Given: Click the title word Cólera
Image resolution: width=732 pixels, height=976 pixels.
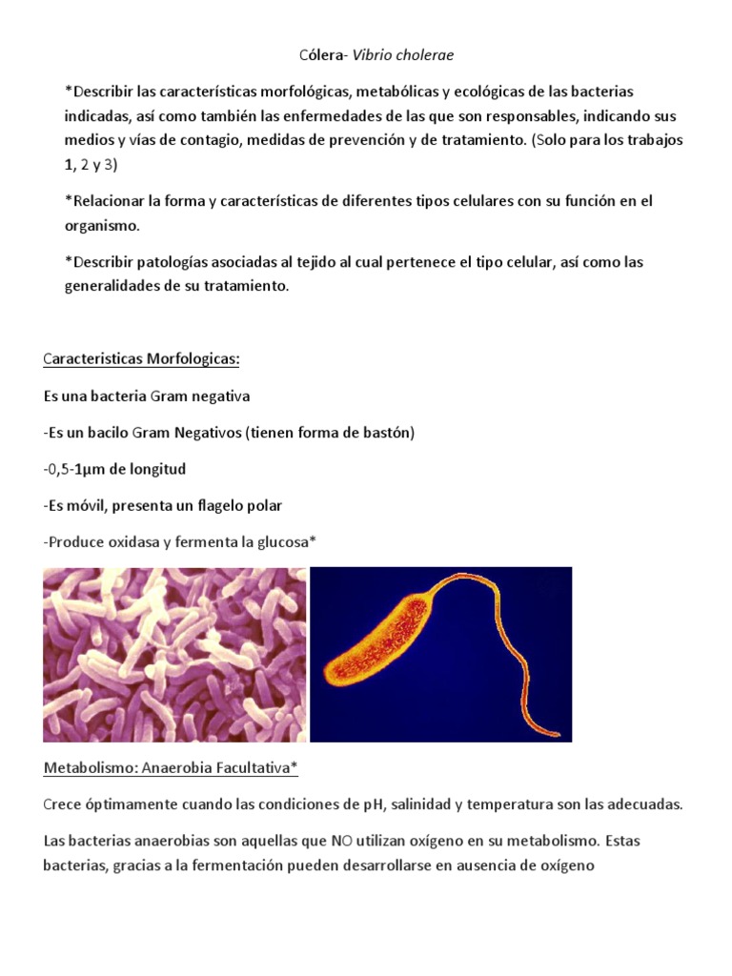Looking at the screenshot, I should coord(321,55).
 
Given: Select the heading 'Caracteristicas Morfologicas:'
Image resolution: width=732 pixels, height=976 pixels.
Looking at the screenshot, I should coord(141,359).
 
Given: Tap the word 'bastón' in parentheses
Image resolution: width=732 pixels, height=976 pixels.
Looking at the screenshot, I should coord(387,433).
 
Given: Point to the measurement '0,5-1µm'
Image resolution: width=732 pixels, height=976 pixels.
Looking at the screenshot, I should coord(80,469).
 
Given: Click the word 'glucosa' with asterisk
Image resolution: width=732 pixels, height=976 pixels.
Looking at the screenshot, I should coord(283,541).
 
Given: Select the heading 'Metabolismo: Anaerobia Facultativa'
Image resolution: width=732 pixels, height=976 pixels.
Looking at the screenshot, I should coord(172,767).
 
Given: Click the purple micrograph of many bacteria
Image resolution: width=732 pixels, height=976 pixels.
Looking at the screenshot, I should coord(174,655).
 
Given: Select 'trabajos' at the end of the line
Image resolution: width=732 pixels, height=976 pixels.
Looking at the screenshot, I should coord(656,140).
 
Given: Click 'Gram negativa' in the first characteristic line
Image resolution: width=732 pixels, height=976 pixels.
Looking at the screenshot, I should coord(200,396).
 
